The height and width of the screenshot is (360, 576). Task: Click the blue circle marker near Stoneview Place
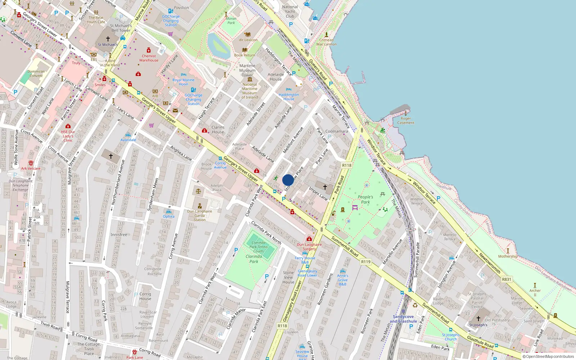(288, 180)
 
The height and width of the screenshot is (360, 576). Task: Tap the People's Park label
(365, 199)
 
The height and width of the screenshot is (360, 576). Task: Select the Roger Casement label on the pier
(406, 121)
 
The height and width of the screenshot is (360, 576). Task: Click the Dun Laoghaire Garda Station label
(199, 215)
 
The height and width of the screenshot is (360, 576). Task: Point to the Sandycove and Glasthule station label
(403, 319)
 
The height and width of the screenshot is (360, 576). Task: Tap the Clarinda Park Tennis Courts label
(258, 247)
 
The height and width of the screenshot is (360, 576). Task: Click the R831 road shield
(507, 279)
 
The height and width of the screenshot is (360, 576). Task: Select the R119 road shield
(366, 262)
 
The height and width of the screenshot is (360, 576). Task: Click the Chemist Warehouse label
(149, 58)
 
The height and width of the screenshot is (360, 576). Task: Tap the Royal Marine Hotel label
(183, 82)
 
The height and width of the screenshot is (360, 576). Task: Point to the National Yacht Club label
(290, 12)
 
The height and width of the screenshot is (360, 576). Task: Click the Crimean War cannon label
(326, 42)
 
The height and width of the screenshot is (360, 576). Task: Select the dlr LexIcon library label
(248, 40)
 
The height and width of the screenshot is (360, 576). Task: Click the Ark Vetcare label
(31, 168)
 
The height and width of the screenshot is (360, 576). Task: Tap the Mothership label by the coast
(508, 256)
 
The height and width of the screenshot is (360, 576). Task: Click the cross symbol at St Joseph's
(478, 319)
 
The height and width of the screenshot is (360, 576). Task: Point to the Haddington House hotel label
(289, 97)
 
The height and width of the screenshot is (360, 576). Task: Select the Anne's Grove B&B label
(342, 280)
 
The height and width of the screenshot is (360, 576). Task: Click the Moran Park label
(231, 21)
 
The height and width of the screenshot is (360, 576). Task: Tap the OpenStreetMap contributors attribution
(548, 357)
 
